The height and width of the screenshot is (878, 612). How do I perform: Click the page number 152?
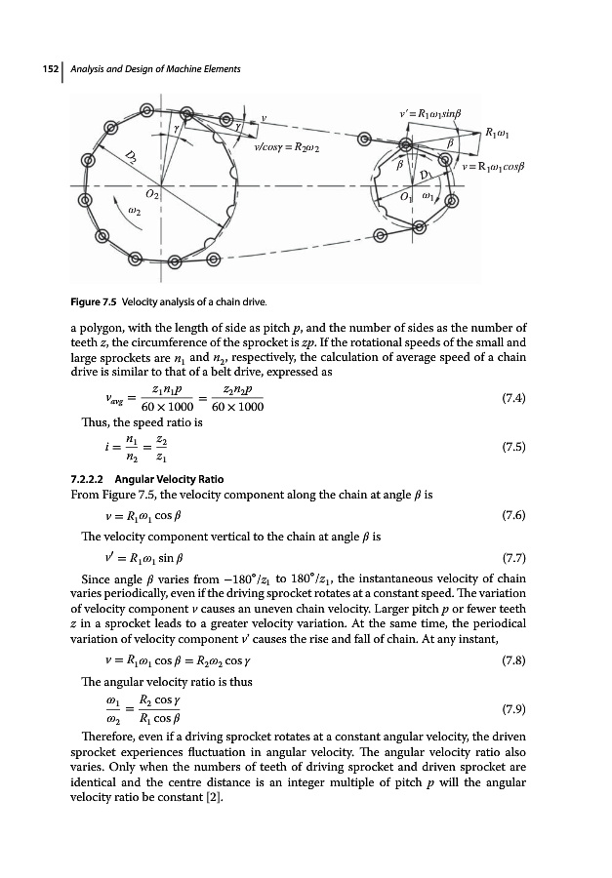pyautogui.click(x=41, y=69)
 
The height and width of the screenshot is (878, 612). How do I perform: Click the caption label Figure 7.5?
pyautogui.click(x=100, y=298)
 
